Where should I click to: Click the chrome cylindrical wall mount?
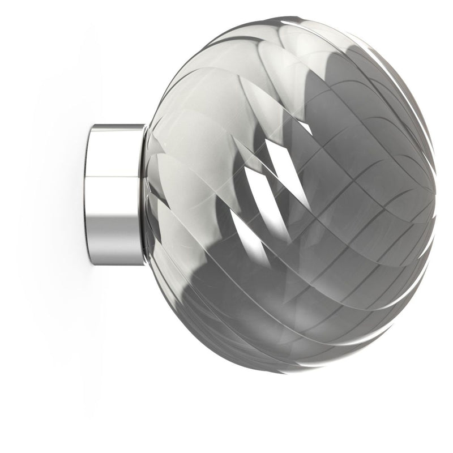coord(116,193)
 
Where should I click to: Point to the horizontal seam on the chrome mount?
coord(116,177)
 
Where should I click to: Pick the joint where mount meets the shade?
coord(145,193)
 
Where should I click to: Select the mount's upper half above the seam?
coord(116,150)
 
